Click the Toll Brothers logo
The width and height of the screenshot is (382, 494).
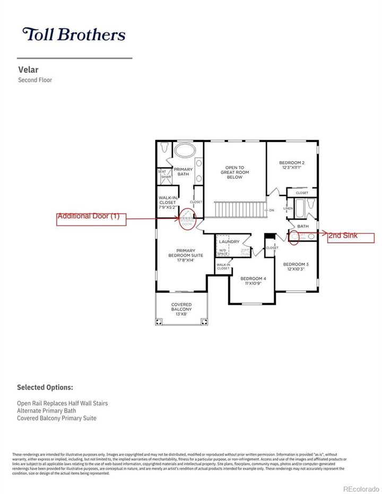click(x=74, y=35)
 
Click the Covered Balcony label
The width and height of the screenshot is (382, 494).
click(x=181, y=307)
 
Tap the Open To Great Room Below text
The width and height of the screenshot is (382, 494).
click(x=235, y=172)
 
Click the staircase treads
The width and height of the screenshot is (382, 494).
click(x=239, y=209)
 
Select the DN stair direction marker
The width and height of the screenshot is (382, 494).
click(x=271, y=210)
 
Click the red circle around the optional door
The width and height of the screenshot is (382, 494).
click(x=187, y=218)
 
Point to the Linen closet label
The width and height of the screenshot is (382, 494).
click(x=288, y=208)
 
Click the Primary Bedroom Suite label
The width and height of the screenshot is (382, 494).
click(x=181, y=255)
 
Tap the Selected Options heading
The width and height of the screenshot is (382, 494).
click(x=45, y=387)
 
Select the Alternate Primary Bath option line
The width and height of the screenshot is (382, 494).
click(x=46, y=411)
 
